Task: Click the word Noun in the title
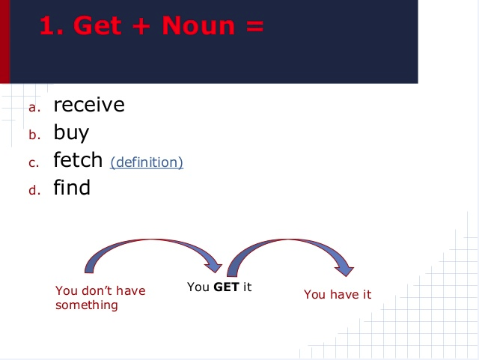[x=198, y=25]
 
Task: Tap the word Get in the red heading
[x=97, y=25]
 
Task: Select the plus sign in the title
[x=141, y=26]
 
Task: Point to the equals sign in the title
[x=254, y=26]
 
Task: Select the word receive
[x=89, y=105]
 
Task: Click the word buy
[x=71, y=132]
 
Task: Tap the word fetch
[x=78, y=159]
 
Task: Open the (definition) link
[x=147, y=162]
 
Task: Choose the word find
[x=72, y=187]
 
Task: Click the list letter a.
[x=34, y=108]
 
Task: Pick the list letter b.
[x=34, y=135]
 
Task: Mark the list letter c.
[x=34, y=163]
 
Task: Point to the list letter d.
[x=34, y=190]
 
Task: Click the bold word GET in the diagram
[x=226, y=287]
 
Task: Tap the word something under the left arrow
[x=87, y=305]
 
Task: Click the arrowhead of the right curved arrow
[x=344, y=270]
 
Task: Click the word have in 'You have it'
[x=345, y=294]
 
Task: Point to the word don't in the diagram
[x=97, y=290]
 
